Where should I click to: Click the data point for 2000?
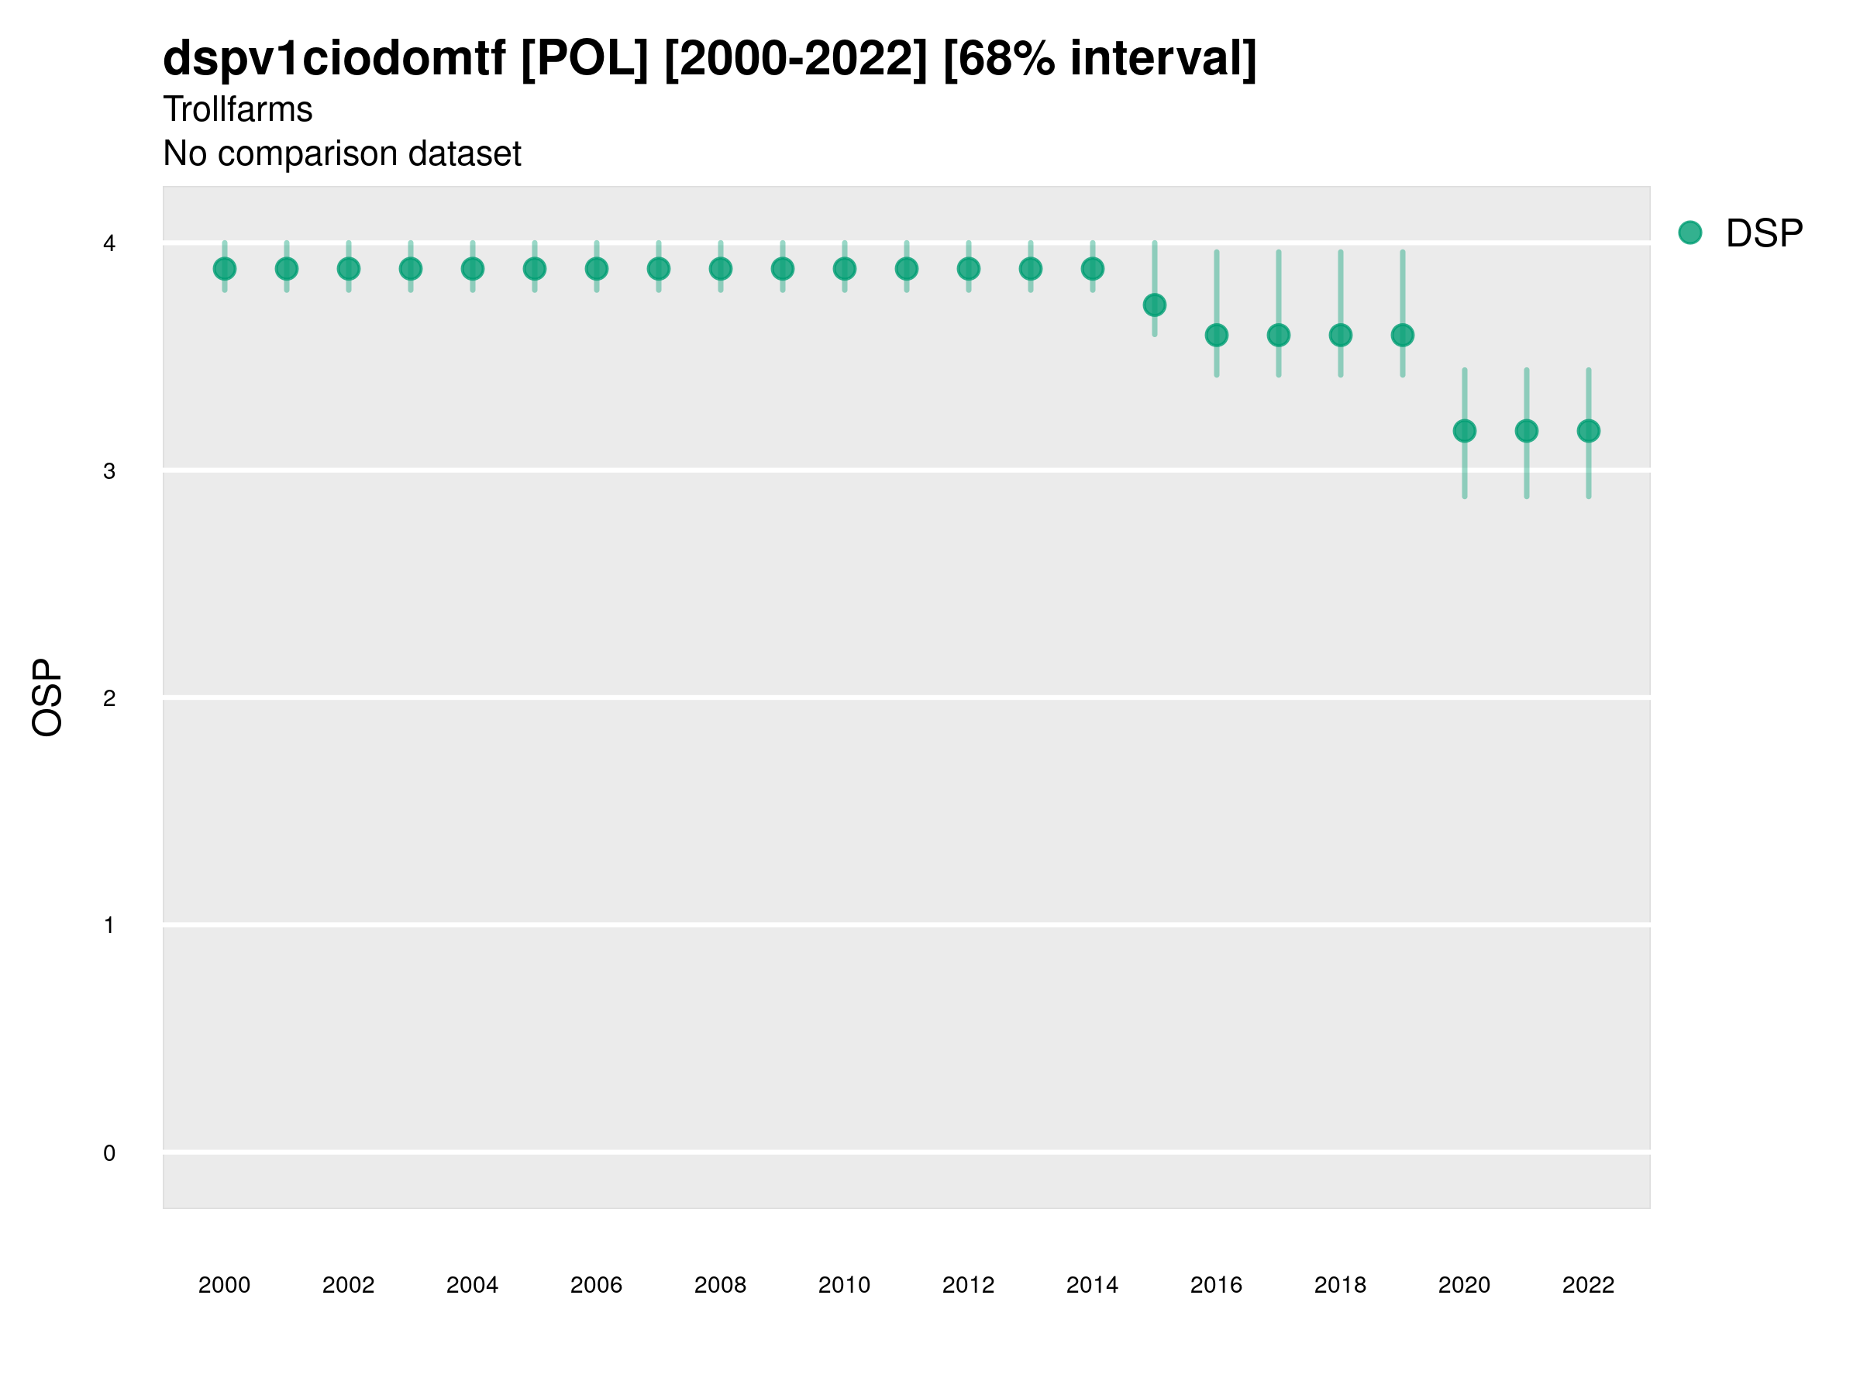pyautogui.click(x=225, y=269)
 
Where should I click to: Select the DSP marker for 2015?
pyautogui.click(x=1155, y=305)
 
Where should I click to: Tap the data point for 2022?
pyautogui.click(x=1589, y=432)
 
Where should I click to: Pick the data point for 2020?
pyautogui.click(x=1465, y=432)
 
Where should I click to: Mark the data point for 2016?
pyautogui.click(x=1217, y=336)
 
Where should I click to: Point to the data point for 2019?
pyautogui.click(x=1403, y=336)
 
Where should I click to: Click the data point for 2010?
pyautogui.click(x=844, y=269)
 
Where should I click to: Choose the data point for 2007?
pyautogui.click(x=659, y=269)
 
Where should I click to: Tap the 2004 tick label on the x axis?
pyautogui.click(x=473, y=1285)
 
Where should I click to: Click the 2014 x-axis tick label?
pyautogui.click(x=1092, y=1285)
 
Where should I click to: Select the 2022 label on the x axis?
pyautogui.click(x=1589, y=1285)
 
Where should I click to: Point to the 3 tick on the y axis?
pyautogui.click(x=109, y=471)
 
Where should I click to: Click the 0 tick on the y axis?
pyautogui.click(x=109, y=1153)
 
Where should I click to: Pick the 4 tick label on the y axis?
pyautogui.click(x=109, y=244)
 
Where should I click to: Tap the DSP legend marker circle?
pyautogui.click(x=1690, y=233)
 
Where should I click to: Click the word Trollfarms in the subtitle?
pyautogui.click(x=238, y=109)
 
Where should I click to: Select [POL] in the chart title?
pyautogui.click(x=584, y=59)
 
